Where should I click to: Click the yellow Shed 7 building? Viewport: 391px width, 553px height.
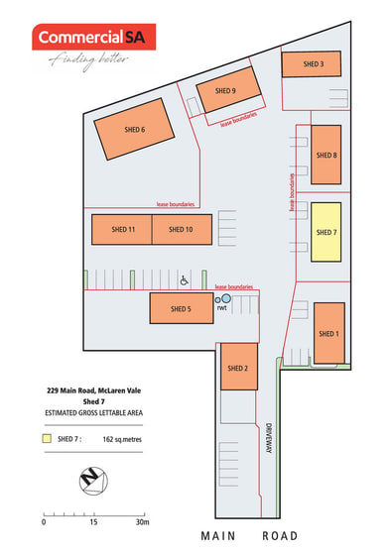click(x=326, y=232)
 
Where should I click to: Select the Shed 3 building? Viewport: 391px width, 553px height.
click(x=312, y=63)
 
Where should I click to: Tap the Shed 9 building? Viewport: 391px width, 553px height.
click(x=228, y=90)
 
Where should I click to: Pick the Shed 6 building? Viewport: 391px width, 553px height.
click(x=134, y=129)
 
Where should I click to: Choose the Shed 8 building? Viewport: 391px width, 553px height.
click(x=326, y=155)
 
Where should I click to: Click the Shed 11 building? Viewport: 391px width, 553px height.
click(x=122, y=229)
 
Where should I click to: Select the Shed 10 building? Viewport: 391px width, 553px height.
click(x=183, y=229)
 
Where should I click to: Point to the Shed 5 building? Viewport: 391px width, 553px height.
click(x=182, y=308)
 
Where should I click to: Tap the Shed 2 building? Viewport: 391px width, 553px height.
click(x=239, y=367)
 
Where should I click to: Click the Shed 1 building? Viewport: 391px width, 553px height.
click(x=329, y=333)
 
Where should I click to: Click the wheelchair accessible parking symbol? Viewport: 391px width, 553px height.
click(x=184, y=280)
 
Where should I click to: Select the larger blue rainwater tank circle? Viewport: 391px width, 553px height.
click(x=226, y=298)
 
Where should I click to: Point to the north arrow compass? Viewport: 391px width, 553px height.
click(x=93, y=481)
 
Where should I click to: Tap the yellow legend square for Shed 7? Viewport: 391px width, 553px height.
click(x=47, y=438)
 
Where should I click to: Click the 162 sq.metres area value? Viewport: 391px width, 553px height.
click(x=122, y=439)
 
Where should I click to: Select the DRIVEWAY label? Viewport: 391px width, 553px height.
click(x=269, y=438)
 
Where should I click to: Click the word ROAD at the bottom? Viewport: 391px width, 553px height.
click(x=280, y=536)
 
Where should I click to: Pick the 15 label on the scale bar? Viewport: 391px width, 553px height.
click(x=93, y=522)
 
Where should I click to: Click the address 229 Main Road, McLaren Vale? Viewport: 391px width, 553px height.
click(x=94, y=390)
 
